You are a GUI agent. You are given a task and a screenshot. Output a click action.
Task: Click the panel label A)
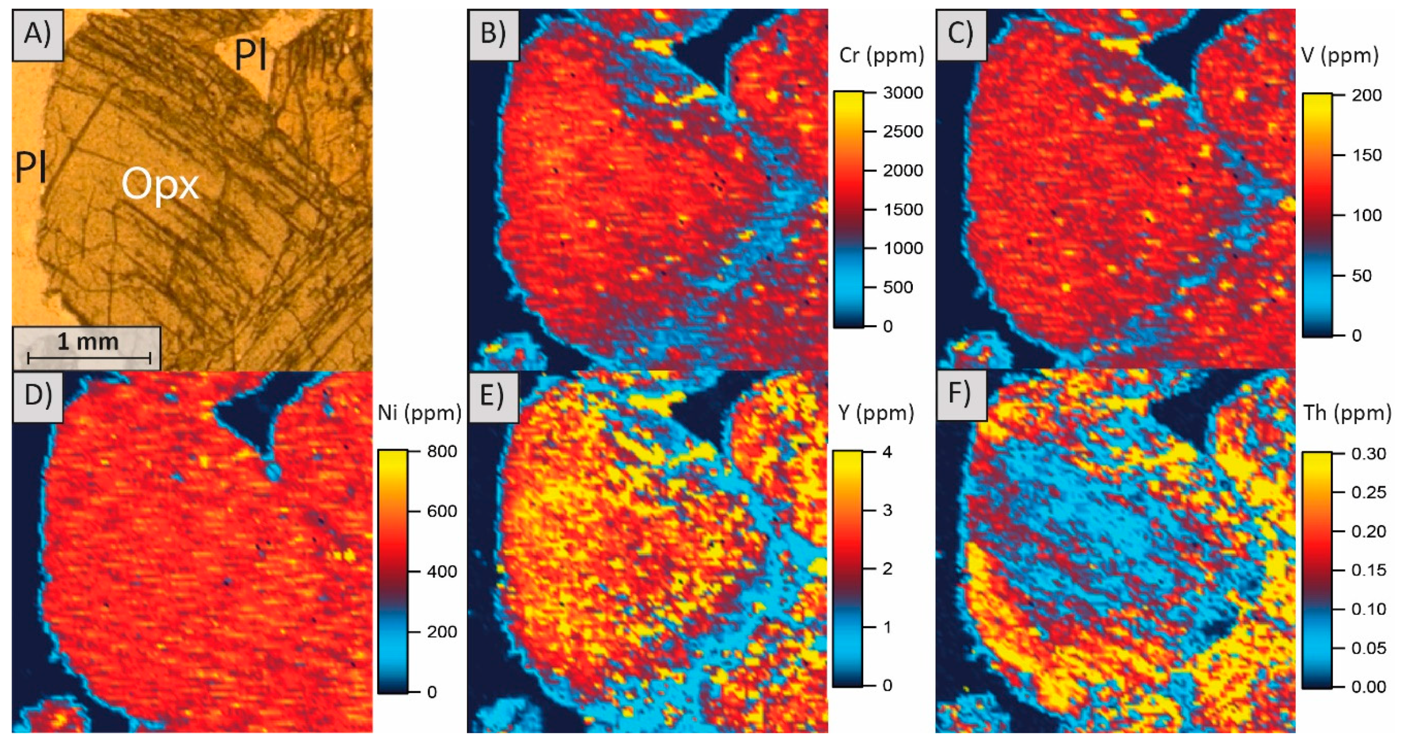point(37,34)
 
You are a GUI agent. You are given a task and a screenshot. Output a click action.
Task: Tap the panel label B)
point(493,34)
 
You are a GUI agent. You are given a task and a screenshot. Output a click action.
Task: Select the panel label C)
point(960,34)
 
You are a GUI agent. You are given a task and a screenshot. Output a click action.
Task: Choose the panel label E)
point(493,396)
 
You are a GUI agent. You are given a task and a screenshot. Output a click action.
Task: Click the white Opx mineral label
point(160,185)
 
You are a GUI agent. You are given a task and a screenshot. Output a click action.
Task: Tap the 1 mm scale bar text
point(88,342)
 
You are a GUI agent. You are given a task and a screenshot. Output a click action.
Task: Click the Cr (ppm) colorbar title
point(881,55)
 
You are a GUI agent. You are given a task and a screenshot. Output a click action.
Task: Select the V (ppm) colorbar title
point(1339,55)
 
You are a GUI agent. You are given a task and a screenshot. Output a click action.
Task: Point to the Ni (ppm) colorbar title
point(419,413)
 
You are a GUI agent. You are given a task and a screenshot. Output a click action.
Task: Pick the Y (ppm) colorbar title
point(876,413)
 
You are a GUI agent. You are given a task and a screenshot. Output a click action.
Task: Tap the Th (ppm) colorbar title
point(1347,413)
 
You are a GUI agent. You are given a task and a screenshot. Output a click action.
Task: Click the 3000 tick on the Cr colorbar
point(903,93)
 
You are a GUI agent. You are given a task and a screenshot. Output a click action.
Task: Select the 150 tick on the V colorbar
point(1366,156)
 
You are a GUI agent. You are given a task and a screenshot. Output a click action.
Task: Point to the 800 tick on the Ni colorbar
point(442,452)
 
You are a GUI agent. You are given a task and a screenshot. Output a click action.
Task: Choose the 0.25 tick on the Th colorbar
point(1368,493)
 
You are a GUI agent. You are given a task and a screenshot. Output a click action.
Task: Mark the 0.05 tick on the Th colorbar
point(1368,649)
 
